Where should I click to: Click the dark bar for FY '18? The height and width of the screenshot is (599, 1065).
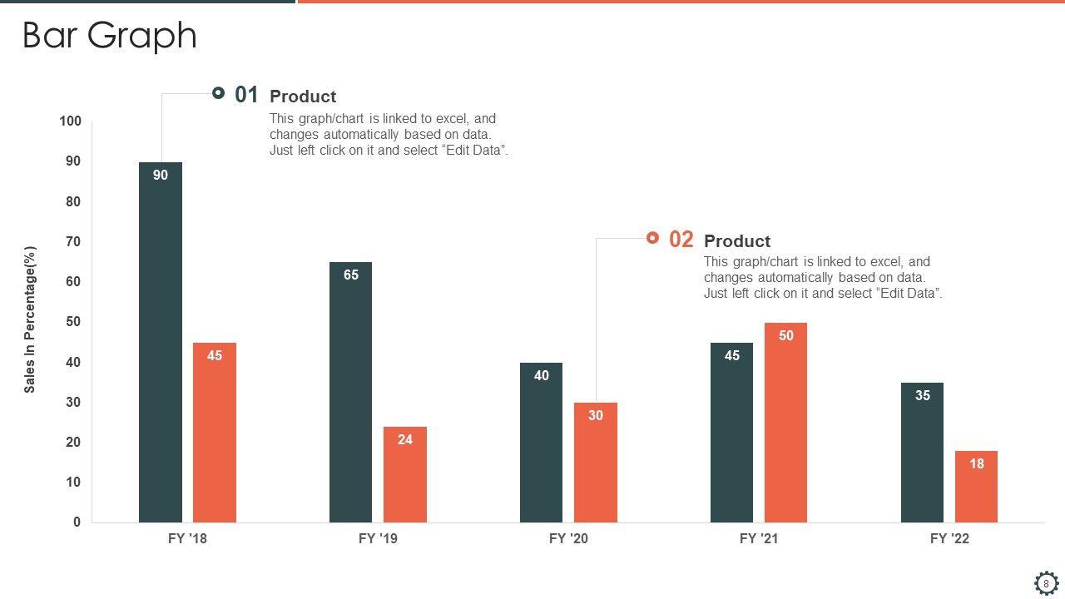[x=160, y=349]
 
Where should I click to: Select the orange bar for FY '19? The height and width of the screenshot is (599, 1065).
[x=404, y=478]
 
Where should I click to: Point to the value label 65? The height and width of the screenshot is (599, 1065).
[x=351, y=275]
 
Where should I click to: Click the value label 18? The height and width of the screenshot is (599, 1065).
[x=976, y=463]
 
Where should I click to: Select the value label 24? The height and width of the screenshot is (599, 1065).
[x=404, y=439]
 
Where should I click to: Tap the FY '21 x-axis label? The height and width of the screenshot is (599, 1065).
[x=759, y=538]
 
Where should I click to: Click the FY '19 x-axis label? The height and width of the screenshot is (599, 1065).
[x=378, y=538]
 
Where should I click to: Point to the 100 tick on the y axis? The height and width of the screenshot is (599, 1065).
[x=71, y=121]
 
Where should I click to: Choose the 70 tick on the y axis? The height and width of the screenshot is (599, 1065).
[x=74, y=241]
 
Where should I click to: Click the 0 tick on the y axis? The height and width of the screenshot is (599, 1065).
[x=77, y=522]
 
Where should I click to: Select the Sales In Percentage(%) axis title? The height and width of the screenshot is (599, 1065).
[x=30, y=319]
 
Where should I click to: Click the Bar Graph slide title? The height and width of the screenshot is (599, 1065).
[x=109, y=36]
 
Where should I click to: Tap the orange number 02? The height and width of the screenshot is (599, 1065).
[x=681, y=240]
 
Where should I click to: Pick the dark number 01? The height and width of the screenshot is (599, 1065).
[x=246, y=95]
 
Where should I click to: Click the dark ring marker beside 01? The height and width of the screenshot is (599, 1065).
[x=218, y=93]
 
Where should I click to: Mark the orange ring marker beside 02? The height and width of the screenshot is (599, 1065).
[x=652, y=238]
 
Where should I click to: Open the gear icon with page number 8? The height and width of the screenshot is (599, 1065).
[x=1046, y=583]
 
